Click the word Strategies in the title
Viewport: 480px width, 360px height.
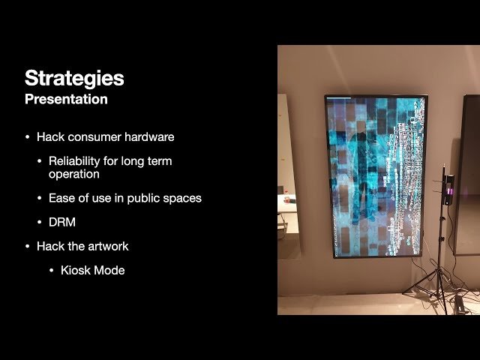click(x=74, y=78)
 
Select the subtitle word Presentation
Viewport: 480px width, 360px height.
click(x=66, y=99)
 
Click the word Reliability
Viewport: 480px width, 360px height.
click(x=78, y=161)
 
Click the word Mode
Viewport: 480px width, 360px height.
click(x=109, y=270)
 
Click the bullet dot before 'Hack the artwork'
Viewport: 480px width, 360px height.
click(x=28, y=246)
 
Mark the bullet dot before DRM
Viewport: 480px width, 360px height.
click(x=40, y=222)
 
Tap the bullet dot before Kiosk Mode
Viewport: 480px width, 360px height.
click(x=52, y=270)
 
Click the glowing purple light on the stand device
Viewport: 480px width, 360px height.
click(x=449, y=196)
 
